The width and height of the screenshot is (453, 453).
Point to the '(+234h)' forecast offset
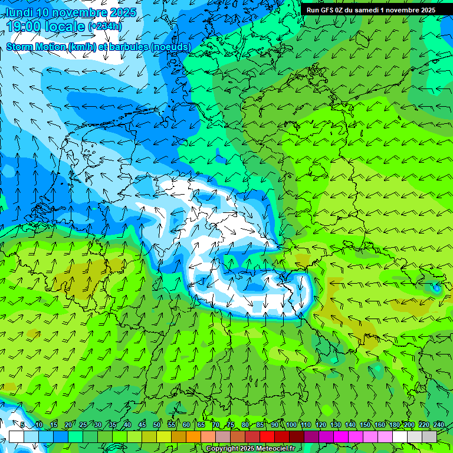[105, 27]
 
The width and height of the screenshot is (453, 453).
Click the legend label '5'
[22, 425]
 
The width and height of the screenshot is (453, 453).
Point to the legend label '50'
[157, 425]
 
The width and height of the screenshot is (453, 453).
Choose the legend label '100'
[291, 425]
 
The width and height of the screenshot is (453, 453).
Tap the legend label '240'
[438, 425]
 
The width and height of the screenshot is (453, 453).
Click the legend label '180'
[394, 425]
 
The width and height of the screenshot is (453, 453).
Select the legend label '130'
[335, 425]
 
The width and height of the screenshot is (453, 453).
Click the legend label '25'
[83, 425]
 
